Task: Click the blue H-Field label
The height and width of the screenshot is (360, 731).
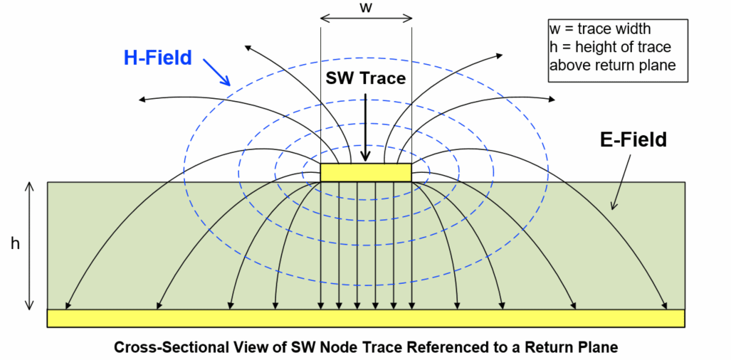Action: (x=157, y=58)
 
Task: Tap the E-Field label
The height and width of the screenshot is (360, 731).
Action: (x=633, y=140)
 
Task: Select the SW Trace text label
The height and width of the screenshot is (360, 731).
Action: (x=365, y=78)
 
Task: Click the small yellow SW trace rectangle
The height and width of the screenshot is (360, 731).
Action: (x=366, y=172)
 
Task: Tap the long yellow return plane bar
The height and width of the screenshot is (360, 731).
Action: (x=366, y=318)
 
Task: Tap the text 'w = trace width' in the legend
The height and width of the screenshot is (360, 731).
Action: (x=600, y=30)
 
